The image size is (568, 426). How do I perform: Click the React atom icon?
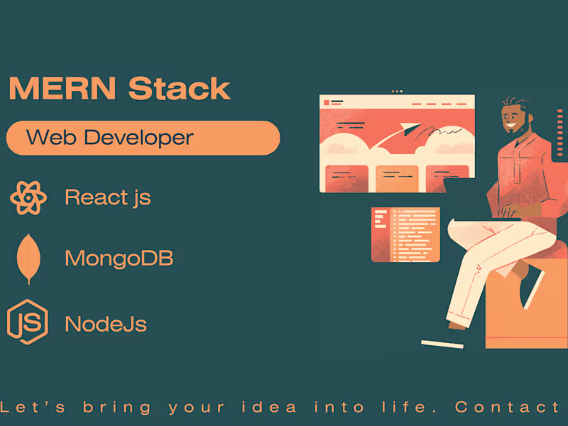coord(28,198)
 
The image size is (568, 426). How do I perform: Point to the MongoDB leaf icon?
coord(28,258)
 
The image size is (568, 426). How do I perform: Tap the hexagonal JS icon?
coord(28,322)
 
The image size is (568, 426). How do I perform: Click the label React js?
coord(108,197)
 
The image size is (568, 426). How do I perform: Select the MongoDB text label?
coord(119,258)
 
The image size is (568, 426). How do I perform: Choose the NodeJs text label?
coord(106,324)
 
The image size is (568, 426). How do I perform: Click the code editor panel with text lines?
coord(405,233)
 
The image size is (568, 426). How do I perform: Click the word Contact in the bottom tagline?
coord(507,408)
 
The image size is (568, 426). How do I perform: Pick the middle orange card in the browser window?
coord(397,178)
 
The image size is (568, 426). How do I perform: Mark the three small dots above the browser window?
coord(397,92)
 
